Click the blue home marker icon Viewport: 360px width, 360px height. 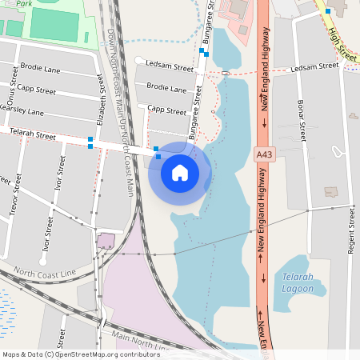point(180,172)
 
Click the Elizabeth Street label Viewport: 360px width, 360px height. point(100,100)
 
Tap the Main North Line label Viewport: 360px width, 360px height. point(141,341)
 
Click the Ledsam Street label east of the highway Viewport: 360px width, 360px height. point(316,69)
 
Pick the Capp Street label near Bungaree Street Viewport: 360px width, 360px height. point(166,109)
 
